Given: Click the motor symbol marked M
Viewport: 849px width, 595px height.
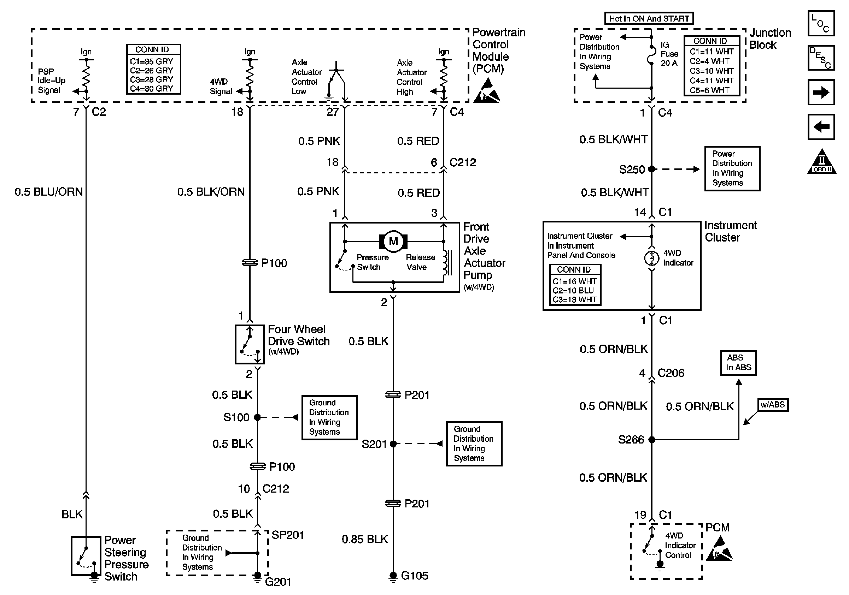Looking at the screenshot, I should [393, 241].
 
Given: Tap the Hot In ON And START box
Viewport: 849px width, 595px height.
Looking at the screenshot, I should [649, 18].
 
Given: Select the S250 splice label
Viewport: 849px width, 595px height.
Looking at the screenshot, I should [632, 169].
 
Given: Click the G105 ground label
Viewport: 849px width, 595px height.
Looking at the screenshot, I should [414, 576].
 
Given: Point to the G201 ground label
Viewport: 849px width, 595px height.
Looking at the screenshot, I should [278, 582].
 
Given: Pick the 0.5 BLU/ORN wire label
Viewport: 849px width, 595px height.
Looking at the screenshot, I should [49, 192].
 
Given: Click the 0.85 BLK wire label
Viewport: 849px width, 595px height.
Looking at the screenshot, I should [365, 539].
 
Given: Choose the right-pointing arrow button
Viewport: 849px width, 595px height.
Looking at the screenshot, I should [821, 92].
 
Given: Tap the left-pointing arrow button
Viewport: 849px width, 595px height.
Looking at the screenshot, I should [821, 127].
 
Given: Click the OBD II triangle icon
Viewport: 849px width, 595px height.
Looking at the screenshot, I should [822, 162].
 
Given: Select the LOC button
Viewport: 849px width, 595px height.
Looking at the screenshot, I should [821, 23].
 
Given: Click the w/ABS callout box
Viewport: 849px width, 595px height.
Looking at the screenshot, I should [773, 404].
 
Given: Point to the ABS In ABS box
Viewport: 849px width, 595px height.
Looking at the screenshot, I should [738, 363].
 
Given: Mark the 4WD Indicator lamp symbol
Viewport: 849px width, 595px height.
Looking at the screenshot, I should [651, 258].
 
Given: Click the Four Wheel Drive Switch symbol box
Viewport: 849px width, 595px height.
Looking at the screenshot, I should [250, 344].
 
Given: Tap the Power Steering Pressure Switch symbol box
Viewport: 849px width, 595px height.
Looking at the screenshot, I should [86, 556].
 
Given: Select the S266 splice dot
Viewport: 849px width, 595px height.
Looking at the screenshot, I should [651, 440].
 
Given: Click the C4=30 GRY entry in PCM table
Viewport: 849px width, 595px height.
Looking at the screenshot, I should [152, 89].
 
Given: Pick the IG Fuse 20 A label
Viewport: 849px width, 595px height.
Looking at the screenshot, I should [669, 54].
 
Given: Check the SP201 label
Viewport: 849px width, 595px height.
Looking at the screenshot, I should [288, 535].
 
